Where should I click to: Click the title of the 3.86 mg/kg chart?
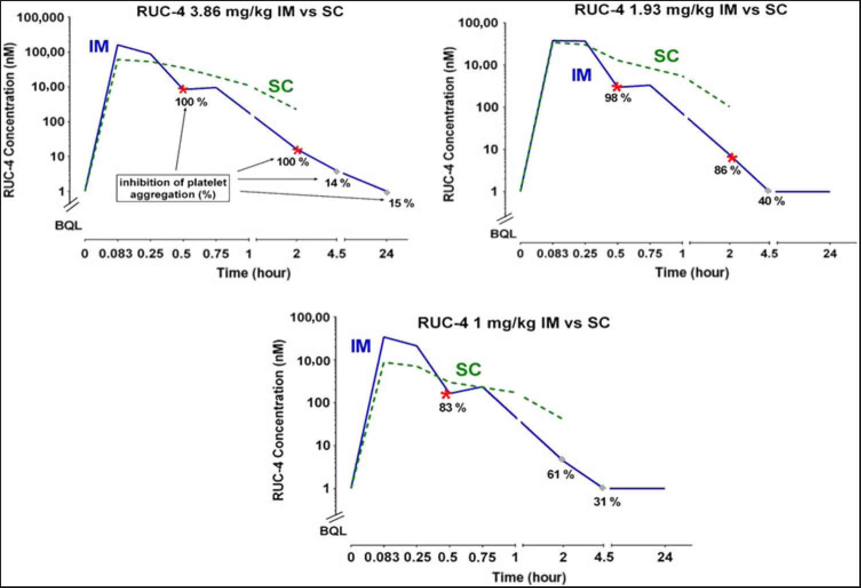click(240, 11)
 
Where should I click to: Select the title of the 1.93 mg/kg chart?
click(680, 10)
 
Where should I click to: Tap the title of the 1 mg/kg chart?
click(513, 323)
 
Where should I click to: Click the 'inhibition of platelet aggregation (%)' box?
click(173, 188)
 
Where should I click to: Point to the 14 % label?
click(338, 183)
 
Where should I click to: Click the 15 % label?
click(401, 204)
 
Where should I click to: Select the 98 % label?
click(618, 98)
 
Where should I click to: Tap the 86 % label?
click(727, 170)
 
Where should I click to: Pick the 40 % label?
click(771, 201)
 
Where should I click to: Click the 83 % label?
click(453, 408)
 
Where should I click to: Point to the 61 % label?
click(561, 474)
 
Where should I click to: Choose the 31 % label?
click(607, 502)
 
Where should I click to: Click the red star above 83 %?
click(446, 394)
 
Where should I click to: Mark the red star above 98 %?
click(617, 87)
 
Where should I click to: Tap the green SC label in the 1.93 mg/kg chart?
click(666, 56)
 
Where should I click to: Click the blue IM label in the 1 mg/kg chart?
click(360, 347)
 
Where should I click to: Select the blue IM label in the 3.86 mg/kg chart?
click(98, 46)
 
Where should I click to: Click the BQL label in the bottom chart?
click(333, 531)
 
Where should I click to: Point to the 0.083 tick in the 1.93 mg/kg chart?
click(553, 253)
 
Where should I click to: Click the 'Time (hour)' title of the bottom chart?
click(529, 577)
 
